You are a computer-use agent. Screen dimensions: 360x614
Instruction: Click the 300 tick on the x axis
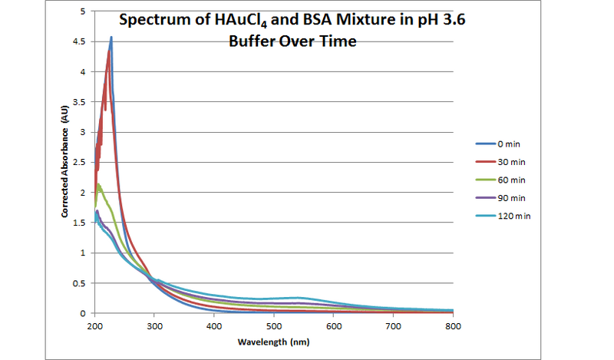154,325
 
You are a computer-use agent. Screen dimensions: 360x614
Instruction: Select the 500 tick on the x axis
274,325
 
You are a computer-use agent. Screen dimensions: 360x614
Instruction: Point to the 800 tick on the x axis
453,325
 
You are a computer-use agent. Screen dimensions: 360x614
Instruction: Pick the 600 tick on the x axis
334,325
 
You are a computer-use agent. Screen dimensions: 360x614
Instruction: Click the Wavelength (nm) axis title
273,341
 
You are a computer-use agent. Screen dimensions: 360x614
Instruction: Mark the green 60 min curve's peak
99,185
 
